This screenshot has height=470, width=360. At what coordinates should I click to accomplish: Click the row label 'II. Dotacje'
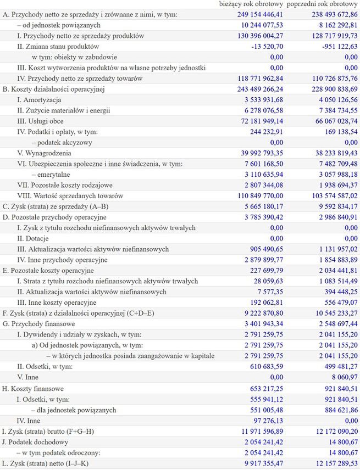tap(32, 238)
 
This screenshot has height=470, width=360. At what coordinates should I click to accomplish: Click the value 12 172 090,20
tap(329, 430)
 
